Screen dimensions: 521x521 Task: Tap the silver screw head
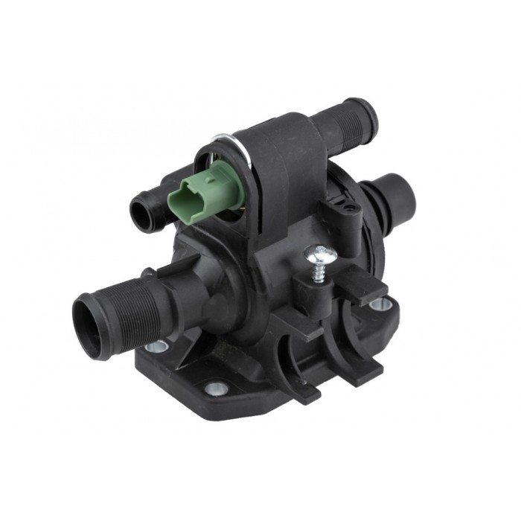point(320,256)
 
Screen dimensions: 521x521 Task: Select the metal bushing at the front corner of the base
point(217,388)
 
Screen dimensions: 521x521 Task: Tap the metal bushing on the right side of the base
point(378,304)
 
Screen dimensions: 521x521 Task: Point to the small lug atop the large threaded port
point(149,272)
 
